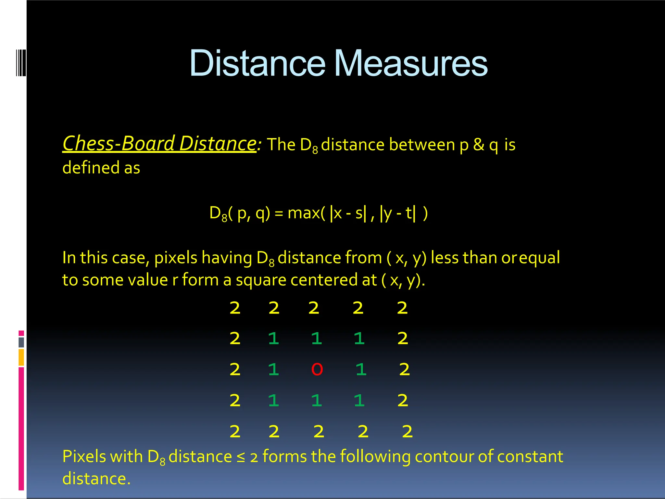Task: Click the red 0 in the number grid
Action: coord(317,369)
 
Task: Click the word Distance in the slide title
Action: coord(257,63)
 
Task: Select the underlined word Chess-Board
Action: coord(119,144)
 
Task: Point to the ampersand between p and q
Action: coord(479,145)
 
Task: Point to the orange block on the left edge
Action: coord(21,357)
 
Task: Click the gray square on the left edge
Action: coord(21,342)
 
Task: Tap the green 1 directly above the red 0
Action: coord(317,339)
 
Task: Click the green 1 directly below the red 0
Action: coord(317,400)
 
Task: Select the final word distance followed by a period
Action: coord(96,479)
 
